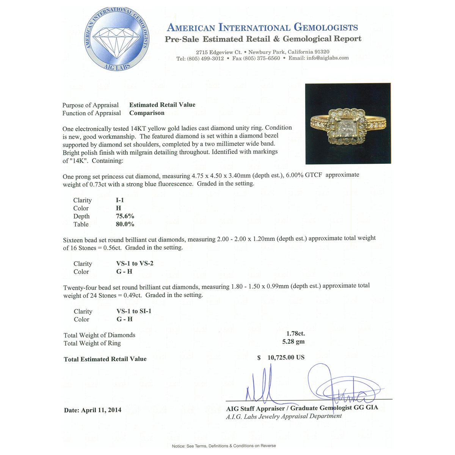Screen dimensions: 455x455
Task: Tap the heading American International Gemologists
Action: click(x=262, y=27)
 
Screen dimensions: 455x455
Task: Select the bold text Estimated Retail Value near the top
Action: click(x=162, y=105)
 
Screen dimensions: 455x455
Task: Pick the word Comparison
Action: click(x=147, y=113)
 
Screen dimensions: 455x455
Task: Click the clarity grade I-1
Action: click(x=120, y=200)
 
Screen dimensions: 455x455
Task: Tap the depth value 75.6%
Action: click(x=125, y=216)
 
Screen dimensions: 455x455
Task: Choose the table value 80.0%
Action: click(x=125, y=224)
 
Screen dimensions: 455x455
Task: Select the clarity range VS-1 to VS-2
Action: click(x=135, y=264)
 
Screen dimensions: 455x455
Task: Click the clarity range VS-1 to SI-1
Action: click(x=134, y=311)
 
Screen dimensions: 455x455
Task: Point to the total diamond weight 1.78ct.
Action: click(x=296, y=334)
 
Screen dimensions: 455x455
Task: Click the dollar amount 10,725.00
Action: click(x=286, y=358)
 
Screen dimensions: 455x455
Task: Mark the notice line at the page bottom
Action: click(x=224, y=446)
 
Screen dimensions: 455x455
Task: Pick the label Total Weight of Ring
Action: click(x=92, y=343)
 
